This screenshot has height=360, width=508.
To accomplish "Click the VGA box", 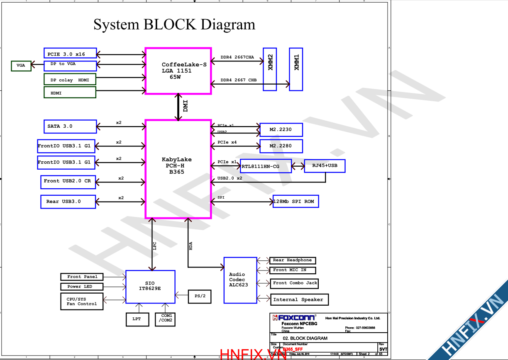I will [21, 66].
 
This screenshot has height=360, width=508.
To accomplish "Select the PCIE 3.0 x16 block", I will [70, 53].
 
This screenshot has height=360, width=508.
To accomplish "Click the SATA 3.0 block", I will [70, 126].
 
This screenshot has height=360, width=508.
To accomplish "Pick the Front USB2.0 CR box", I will [68, 182].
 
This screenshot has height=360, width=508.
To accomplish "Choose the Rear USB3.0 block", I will [68, 202].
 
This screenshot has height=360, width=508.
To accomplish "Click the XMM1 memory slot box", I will [296, 69].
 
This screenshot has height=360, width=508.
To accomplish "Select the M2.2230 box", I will [281, 130].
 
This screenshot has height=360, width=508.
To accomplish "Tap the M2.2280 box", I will [281, 146].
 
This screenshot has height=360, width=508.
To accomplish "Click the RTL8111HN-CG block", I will [266, 166].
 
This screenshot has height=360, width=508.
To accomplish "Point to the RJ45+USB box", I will [325, 166].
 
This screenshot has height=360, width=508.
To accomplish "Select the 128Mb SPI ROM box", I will [296, 202].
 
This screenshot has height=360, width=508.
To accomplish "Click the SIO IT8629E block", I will [150, 286].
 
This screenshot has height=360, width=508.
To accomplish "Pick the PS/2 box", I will [200, 297].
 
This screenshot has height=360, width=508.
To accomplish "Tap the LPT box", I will [137, 319].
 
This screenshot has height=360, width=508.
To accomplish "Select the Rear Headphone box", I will [293, 260].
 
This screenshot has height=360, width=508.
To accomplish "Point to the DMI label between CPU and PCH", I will [186, 106].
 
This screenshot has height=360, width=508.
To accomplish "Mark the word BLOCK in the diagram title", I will [170, 24].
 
